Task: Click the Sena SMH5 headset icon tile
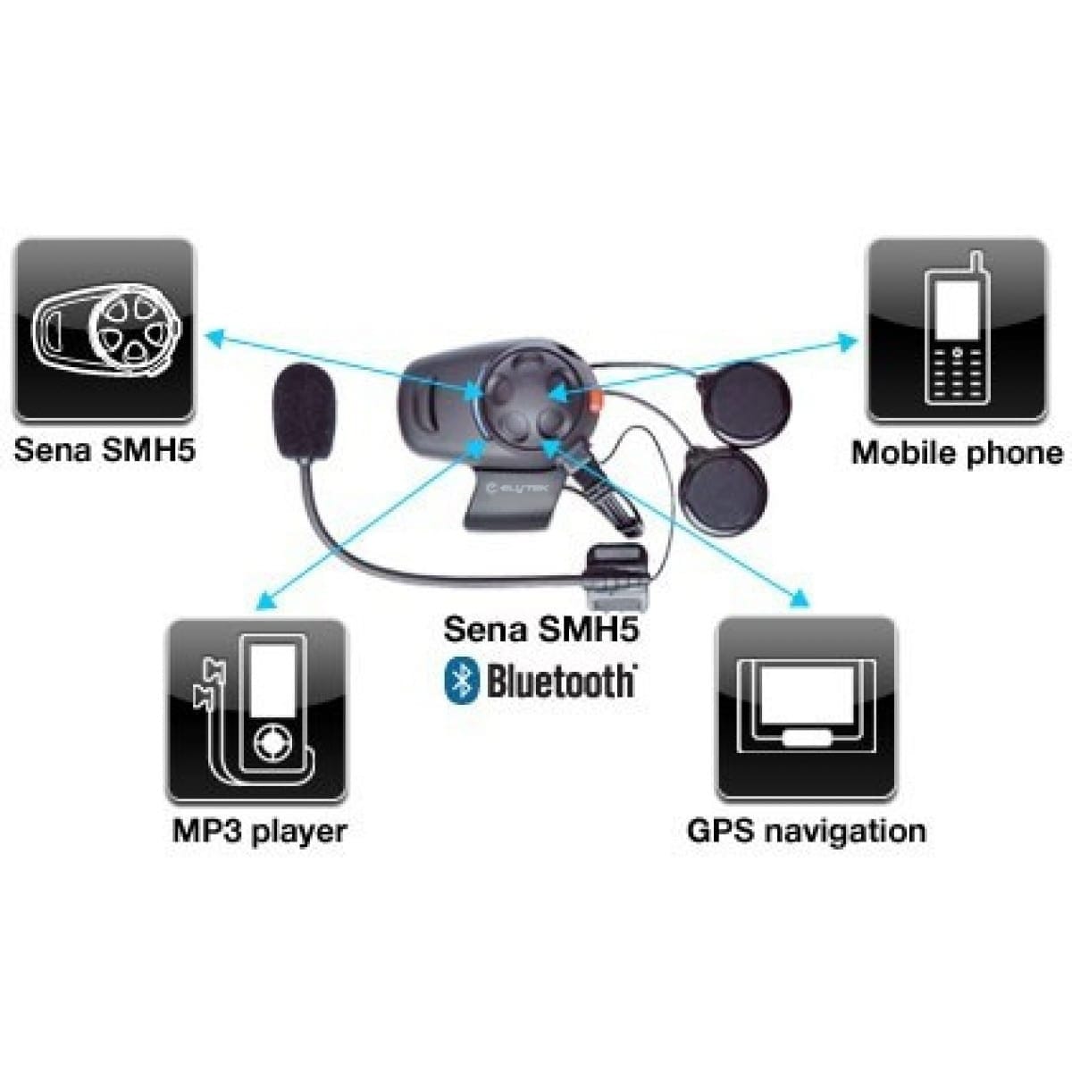click(105, 330)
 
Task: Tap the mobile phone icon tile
click(957, 330)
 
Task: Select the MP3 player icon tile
click(256, 710)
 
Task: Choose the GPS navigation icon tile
click(807, 708)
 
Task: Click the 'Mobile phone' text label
click(957, 454)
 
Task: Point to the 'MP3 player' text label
click(260, 833)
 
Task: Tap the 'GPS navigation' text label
click(807, 833)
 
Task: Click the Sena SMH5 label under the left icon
click(105, 450)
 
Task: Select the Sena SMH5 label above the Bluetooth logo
click(541, 631)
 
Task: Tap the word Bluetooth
click(561, 681)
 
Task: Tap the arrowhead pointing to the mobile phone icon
click(848, 341)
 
